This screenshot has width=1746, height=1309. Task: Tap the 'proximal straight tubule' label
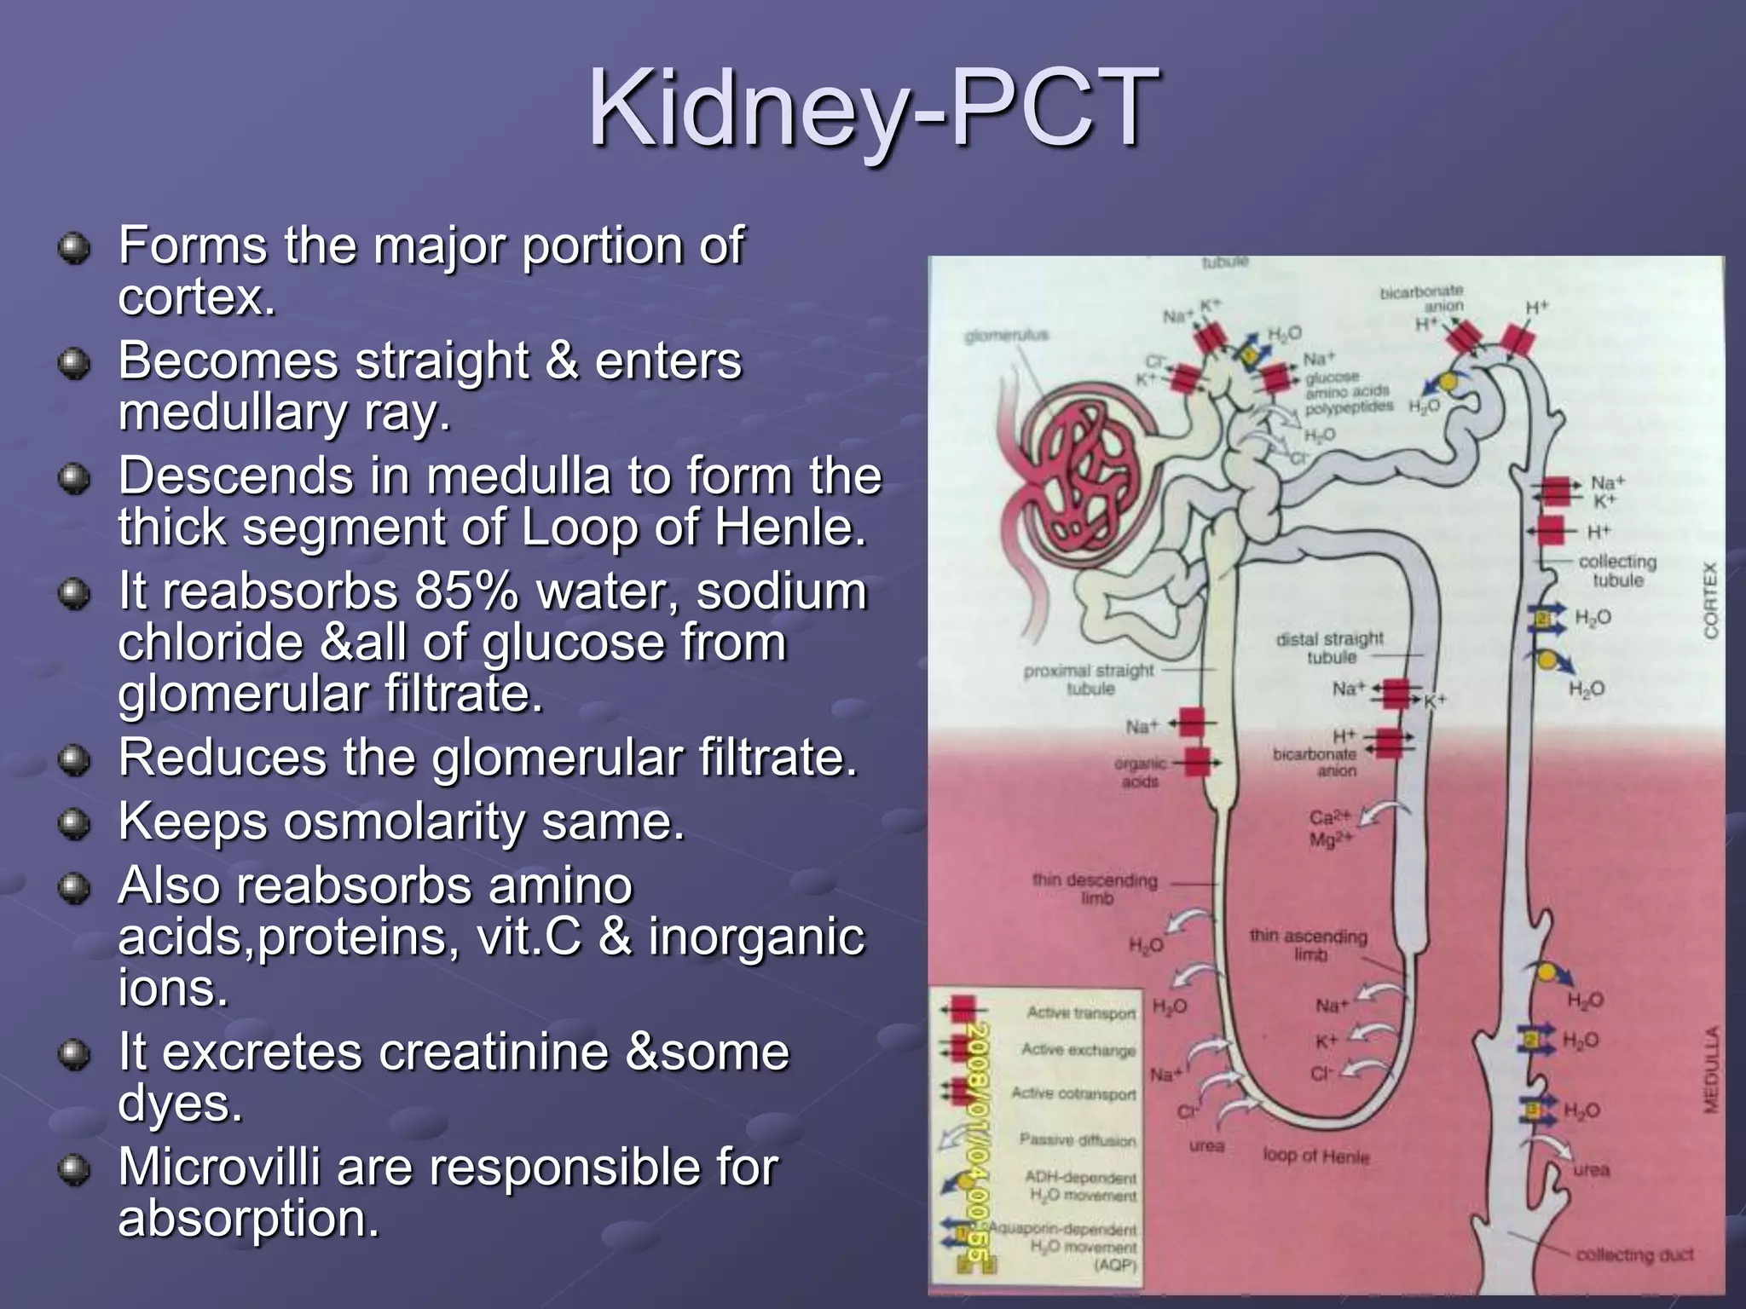pyautogui.click(x=1089, y=679)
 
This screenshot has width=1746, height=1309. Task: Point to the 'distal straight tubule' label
pyautogui.click(x=1329, y=648)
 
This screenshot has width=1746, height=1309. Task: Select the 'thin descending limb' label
pyautogui.click(x=1095, y=888)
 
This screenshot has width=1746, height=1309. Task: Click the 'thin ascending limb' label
pyautogui.click(x=1308, y=945)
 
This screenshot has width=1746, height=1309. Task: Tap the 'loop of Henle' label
pyautogui.click(x=1315, y=1156)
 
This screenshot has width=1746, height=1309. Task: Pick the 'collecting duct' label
pyautogui.click(x=1633, y=1255)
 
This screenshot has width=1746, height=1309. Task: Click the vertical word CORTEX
pyautogui.click(x=1710, y=600)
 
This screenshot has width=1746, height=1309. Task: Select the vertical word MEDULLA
pyautogui.click(x=1710, y=1070)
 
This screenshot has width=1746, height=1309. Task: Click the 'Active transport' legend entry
pyautogui.click(x=1080, y=1012)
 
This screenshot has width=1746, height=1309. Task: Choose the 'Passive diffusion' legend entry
pyautogui.click(x=1077, y=1140)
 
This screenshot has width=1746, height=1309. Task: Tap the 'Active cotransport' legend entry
pyautogui.click(x=1073, y=1093)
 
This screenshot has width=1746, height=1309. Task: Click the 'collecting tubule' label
pyautogui.click(x=1617, y=570)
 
